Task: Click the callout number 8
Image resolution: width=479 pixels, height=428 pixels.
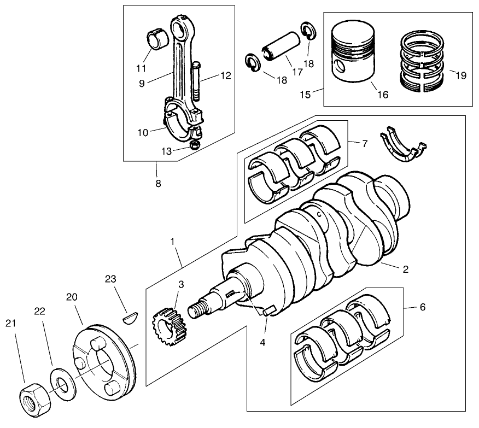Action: point(158,183)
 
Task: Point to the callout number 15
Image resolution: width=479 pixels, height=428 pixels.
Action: point(304,95)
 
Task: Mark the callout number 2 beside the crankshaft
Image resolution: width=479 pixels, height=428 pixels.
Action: point(405,269)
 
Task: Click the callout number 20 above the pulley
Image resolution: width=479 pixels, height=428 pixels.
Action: point(72,297)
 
